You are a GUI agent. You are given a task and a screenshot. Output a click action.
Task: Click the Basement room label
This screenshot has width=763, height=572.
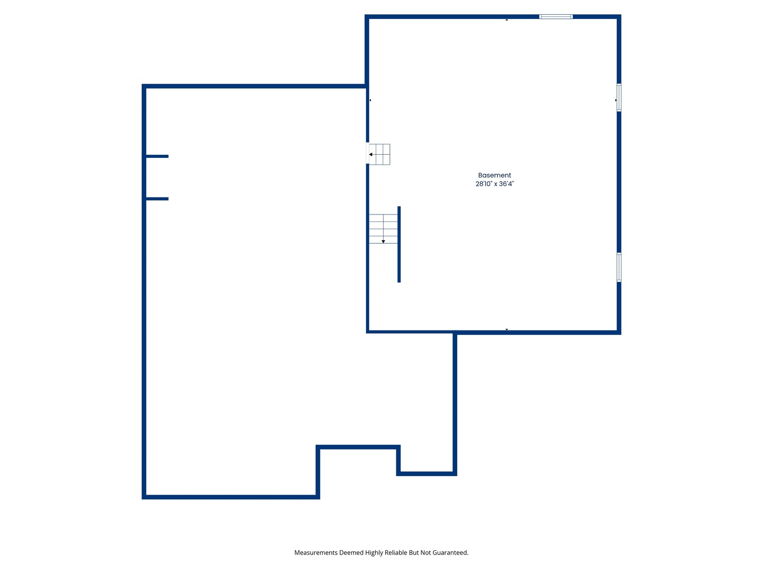point(494,175)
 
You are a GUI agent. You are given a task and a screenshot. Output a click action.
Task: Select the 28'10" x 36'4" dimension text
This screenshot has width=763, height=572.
point(494,184)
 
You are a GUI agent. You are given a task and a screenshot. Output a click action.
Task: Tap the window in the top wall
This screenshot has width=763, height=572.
point(556,17)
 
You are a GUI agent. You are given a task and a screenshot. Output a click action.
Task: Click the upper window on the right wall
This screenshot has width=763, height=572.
point(618,97)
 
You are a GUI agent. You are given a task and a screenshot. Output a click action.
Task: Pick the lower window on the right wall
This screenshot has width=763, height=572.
point(618,267)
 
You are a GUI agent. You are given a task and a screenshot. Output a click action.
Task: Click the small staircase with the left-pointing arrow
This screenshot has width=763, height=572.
point(379,154)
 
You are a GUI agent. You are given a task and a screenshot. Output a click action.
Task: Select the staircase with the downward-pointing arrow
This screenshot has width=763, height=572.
point(383,229)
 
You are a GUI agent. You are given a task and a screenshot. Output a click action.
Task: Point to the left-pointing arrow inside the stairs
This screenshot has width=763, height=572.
point(371,155)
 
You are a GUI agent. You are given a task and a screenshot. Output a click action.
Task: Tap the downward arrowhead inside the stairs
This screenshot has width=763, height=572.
point(383,242)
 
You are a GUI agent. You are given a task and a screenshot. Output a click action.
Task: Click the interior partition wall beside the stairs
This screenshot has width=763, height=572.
point(399,244)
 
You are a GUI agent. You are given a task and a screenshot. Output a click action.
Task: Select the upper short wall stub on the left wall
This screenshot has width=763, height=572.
point(157,156)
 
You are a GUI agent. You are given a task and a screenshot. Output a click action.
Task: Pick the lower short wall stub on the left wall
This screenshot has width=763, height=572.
point(157,199)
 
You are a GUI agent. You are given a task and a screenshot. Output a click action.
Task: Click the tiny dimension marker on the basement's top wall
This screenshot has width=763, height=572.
point(507,20)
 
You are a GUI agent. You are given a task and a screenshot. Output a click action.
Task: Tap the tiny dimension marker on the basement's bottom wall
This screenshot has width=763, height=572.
point(507,329)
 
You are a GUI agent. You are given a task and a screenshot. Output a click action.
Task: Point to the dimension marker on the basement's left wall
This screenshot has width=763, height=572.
point(370,100)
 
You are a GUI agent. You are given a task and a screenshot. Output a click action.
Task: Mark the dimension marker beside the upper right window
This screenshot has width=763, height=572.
point(615,100)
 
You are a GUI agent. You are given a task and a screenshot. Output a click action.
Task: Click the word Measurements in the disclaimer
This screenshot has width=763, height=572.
point(316,552)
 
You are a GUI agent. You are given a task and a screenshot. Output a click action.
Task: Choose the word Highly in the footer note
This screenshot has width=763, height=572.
point(374,552)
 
